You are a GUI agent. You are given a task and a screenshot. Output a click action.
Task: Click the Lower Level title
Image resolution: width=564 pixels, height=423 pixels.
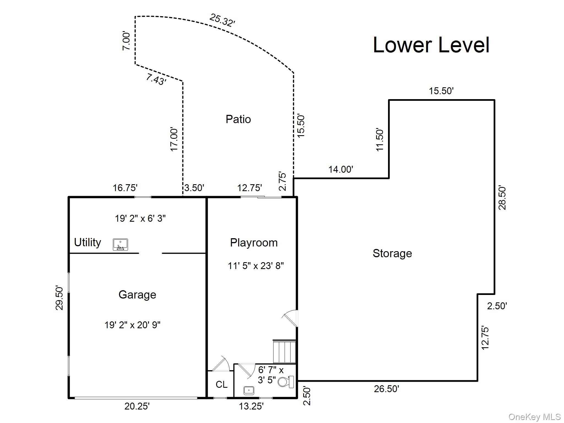click(431, 45)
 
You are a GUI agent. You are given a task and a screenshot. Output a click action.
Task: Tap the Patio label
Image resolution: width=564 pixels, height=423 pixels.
click(238, 119)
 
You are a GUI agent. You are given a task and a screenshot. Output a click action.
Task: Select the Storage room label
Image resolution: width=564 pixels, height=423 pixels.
click(392, 253)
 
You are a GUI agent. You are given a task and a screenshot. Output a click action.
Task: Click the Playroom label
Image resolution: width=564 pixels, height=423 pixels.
click(254, 243)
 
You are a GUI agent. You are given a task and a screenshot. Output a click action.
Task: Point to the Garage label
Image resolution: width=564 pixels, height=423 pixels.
click(137, 295)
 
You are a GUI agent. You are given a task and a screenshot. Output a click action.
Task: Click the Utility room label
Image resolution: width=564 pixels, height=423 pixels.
click(88, 242)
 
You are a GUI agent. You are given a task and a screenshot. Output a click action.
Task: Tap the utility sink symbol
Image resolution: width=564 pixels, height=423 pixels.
click(120, 245)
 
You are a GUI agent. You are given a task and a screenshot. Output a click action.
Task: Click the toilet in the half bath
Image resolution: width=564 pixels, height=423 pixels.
click(286, 382)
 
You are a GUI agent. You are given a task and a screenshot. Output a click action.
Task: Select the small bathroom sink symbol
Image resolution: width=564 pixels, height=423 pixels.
click(249, 390)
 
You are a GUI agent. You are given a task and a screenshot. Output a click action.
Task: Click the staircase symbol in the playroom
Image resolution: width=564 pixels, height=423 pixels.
click(284, 352)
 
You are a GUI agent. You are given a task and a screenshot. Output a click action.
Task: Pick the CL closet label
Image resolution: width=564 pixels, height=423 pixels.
click(221, 384)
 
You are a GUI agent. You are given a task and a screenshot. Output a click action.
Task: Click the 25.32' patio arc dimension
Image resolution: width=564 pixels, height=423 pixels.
click(222, 20)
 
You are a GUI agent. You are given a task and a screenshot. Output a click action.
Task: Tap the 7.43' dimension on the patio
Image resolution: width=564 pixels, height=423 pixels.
click(156, 80)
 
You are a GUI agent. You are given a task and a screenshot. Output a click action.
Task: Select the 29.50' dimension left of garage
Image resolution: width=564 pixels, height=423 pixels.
click(59, 298)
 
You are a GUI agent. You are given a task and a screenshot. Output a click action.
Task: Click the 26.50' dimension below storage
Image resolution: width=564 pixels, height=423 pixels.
click(386, 389)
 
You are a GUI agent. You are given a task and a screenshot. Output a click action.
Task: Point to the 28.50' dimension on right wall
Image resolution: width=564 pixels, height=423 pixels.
click(502, 198)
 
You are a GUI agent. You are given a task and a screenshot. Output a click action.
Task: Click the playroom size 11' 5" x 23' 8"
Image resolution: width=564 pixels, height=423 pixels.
click(256, 266)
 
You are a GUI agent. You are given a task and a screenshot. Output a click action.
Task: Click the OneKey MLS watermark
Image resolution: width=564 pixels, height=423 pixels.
click(534, 417)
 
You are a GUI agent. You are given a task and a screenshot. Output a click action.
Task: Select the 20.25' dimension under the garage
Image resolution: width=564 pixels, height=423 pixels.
click(137, 406)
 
